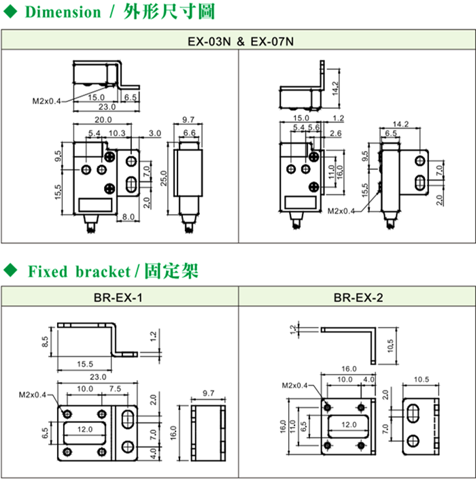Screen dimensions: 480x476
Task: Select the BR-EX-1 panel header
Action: pos(118,297)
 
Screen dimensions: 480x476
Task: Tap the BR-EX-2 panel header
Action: pos(357,297)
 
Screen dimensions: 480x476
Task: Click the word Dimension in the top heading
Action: pos(62,12)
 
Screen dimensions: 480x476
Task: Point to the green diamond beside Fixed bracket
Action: pos(10,271)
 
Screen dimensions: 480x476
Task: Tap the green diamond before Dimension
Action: pos(10,11)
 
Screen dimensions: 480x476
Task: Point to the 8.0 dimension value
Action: pos(127,217)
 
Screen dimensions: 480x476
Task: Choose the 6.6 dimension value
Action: pos(189,132)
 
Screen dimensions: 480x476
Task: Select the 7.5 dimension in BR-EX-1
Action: pos(114,389)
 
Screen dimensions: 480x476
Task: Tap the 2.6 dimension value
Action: pos(335,134)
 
